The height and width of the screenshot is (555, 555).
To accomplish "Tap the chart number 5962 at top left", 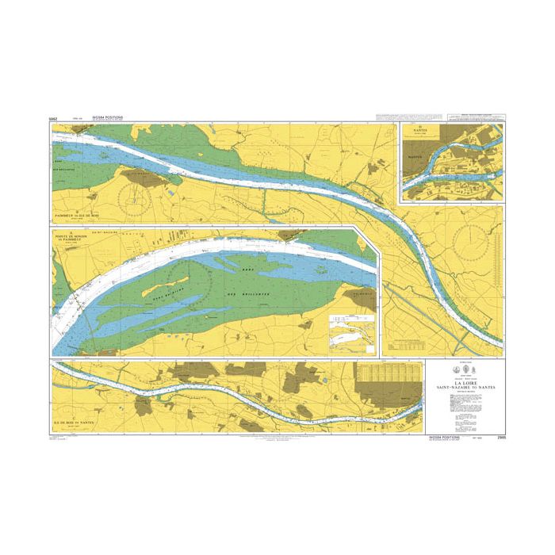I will tap(53, 119).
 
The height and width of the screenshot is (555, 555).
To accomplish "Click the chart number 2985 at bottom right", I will tap(498, 437).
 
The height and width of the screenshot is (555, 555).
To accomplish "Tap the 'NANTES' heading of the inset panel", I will tap(415, 132).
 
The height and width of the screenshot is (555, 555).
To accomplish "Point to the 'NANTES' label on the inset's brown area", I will tap(414, 158).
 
